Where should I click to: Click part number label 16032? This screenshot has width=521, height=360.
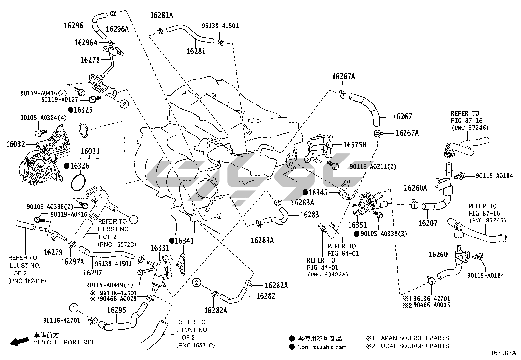coord(15,144)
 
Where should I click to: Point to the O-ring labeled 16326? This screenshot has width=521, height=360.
coord(79,181)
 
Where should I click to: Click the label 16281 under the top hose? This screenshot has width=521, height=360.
coord(196,51)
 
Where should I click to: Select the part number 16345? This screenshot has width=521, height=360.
coord(318,192)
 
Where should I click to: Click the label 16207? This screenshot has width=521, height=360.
coord(428,223)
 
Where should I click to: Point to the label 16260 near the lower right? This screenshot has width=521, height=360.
coord(438,255)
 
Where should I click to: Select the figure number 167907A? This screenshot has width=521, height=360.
coord(503,353)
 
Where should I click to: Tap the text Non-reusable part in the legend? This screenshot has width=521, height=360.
coord(321,347)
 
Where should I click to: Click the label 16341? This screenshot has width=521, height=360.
coord(184,241)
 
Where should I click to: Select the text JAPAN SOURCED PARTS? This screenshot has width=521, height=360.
coord(413,338)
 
